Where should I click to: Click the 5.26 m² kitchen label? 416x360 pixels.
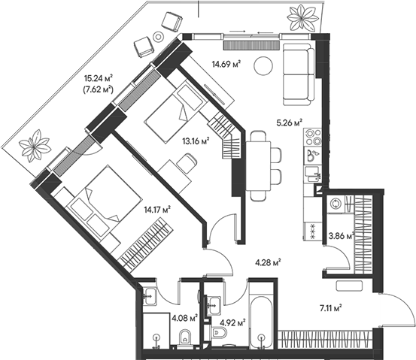point(288,122)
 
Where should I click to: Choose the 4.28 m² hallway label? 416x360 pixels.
point(267,262)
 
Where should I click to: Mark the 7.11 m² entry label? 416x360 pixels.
point(329,307)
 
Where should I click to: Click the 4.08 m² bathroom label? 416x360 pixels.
point(184,317)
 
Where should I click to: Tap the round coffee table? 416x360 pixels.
point(263,66)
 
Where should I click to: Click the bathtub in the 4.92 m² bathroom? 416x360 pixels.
point(262,318)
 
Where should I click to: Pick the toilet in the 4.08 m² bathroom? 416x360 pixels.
point(185,339)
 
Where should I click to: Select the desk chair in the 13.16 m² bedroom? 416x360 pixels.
point(187,162)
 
